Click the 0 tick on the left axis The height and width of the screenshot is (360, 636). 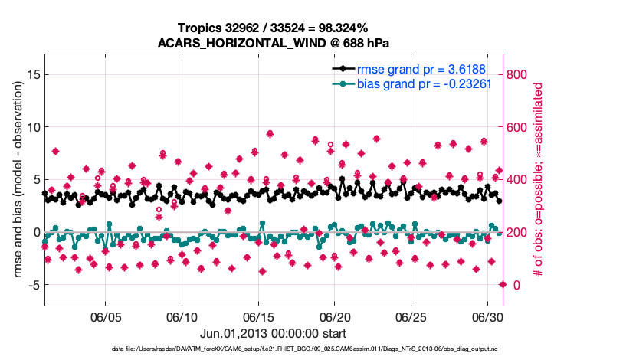[35, 232]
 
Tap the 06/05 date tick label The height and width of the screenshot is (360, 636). [107, 317]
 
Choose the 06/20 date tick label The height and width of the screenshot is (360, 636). [335, 317]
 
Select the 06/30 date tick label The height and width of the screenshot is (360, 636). [487, 317]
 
